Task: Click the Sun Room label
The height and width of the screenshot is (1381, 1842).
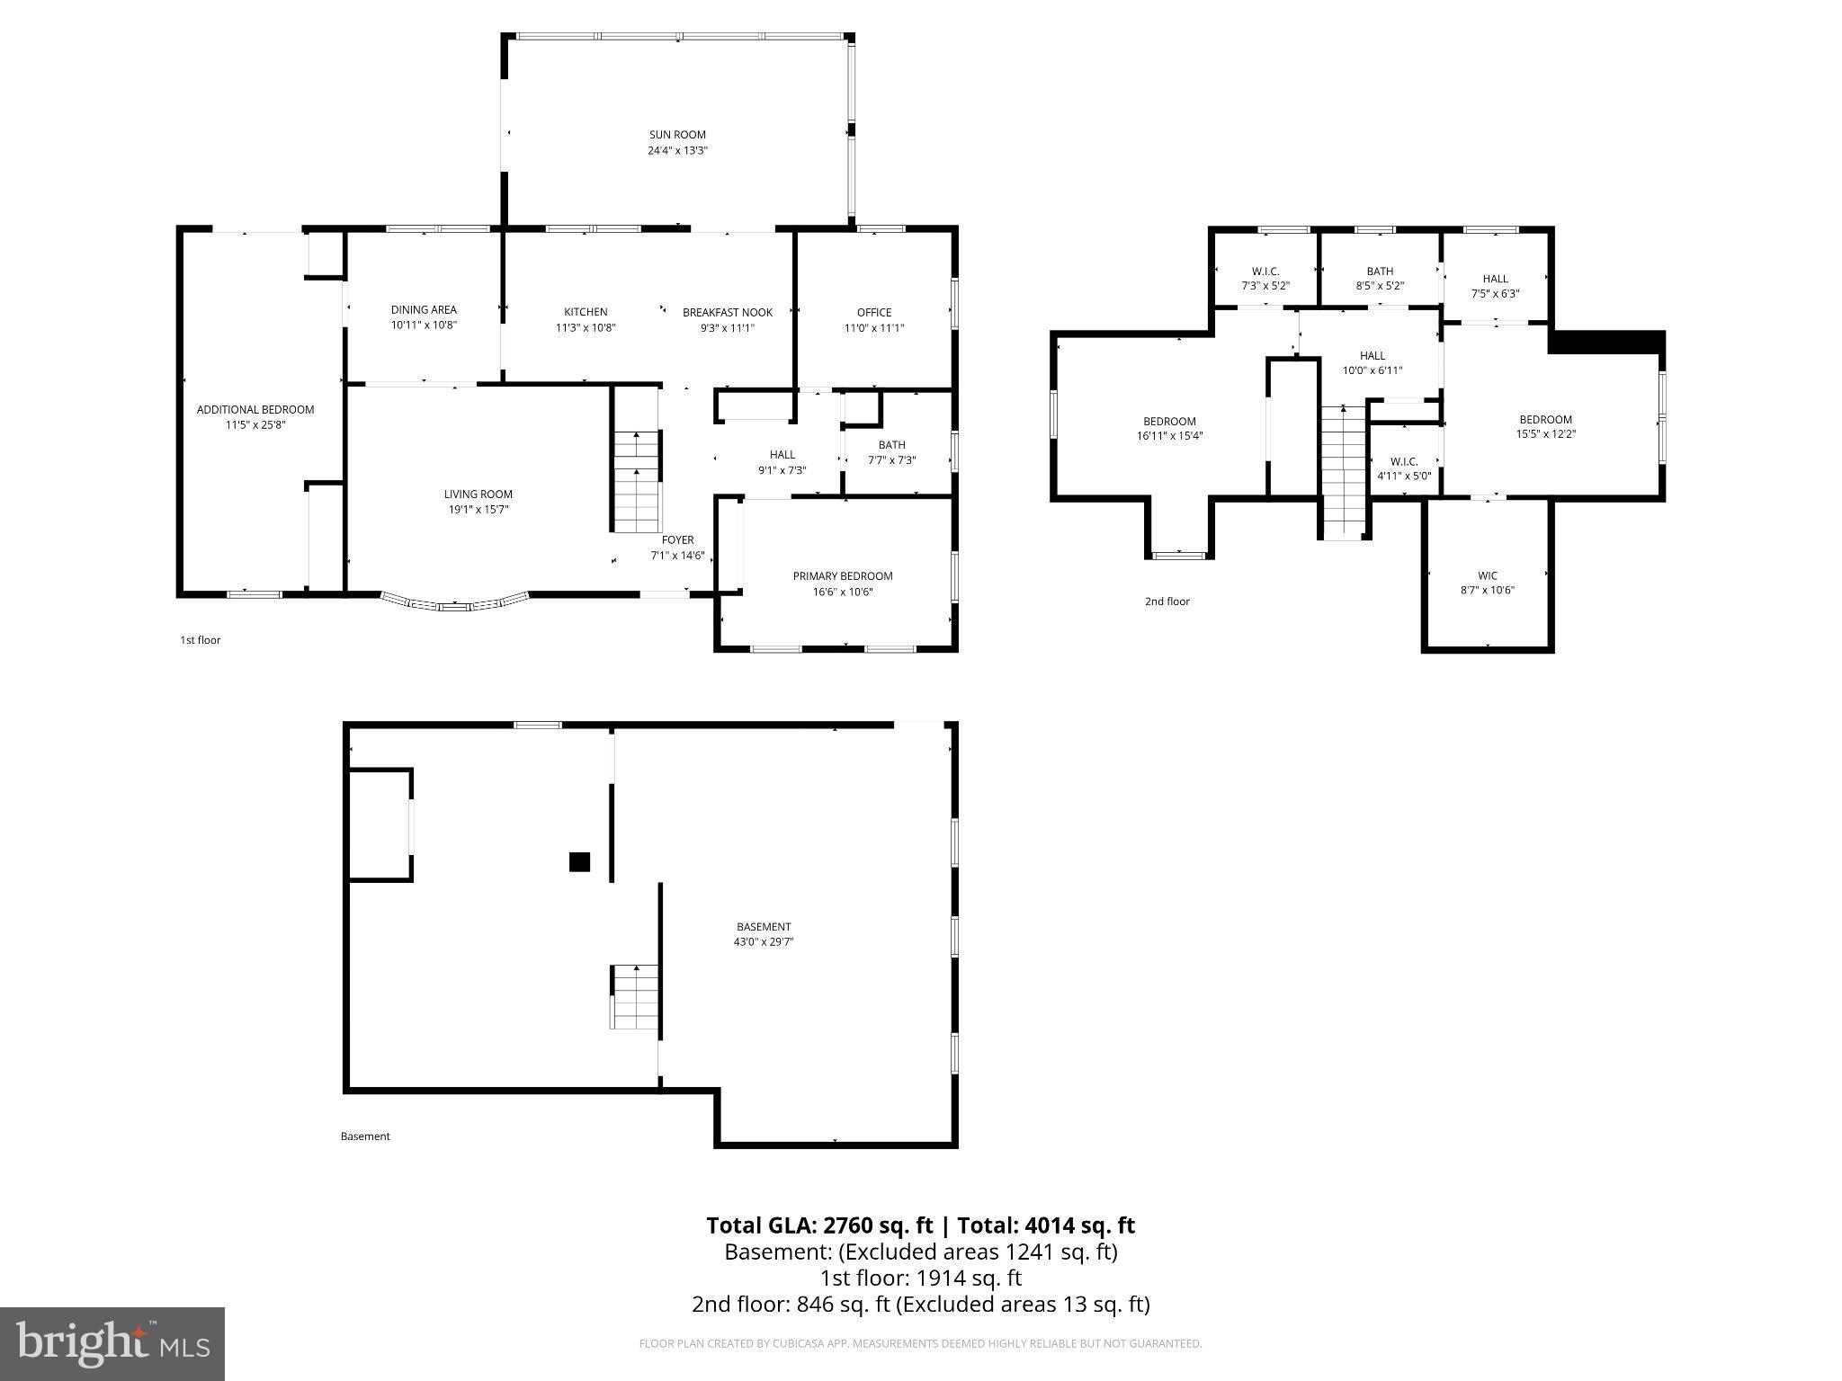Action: pyautogui.click(x=677, y=135)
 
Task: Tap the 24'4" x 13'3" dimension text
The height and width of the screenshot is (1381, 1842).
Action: pyautogui.click(x=677, y=150)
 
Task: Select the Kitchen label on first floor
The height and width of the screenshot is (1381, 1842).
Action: pyautogui.click(x=586, y=312)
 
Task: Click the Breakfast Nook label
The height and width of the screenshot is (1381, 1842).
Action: pyautogui.click(x=727, y=312)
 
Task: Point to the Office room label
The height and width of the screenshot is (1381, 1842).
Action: pyautogui.click(x=873, y=312)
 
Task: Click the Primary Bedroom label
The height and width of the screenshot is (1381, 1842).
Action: pyautogui.click(x=842, y=575)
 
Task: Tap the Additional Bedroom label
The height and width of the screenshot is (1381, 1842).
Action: pyautogui.click(x=255, y=409)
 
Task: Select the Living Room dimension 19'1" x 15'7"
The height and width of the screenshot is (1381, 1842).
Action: pyautogui.click(x=478, y=509)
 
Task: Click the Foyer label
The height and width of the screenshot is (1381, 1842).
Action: pyautogui.click(x=677, y=539)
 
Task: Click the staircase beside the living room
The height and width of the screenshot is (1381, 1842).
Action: pyautogui.click(x=637, y=481)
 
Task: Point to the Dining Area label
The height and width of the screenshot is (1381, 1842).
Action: pyautogui.click(x=424, y=309)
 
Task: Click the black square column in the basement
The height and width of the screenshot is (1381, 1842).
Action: pyautogui.click(x=579, y=861)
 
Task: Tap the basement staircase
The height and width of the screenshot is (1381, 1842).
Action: pyautogui.click(x=635, y=996)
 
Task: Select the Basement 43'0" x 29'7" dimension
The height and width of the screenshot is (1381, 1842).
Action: pyautogui.click(x=764, y=941)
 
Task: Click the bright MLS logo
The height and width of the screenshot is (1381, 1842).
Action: pyautogui.click(x=112, y=1343)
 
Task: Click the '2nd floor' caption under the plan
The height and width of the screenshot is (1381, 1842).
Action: pyautogui.click(x=1167, y=601)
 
